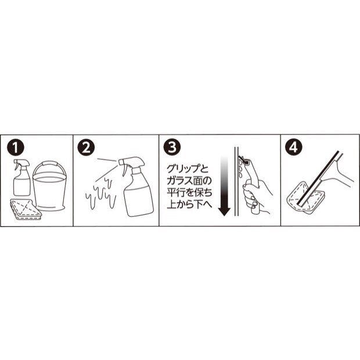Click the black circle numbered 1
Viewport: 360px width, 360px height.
tap(15, 147)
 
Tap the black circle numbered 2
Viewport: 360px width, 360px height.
tap(86, 147)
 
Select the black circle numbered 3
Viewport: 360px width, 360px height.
tap(172, 147)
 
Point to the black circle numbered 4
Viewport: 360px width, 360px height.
tap(293, 147)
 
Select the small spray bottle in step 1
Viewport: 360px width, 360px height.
tap(21, 177)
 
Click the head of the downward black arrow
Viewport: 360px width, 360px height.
tap(224, 211)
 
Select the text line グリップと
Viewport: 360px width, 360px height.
tap(188, 169)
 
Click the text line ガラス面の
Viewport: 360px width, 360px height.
tap(189, 181)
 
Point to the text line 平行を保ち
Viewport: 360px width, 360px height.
tap(189, 192)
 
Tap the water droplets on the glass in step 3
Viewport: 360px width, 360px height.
tap(240, 168)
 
